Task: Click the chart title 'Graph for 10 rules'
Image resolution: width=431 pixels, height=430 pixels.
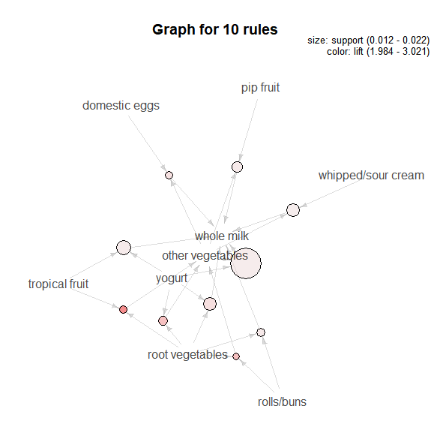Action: [215, 30]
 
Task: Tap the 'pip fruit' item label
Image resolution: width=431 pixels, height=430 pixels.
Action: [260, 88]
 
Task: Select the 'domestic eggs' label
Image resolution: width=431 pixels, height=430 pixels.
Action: [121, 106]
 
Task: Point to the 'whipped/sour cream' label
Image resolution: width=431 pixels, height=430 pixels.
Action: [371, 176]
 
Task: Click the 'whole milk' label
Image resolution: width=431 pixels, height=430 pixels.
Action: [222, 236]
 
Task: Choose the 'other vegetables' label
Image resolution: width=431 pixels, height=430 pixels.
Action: [205, 256]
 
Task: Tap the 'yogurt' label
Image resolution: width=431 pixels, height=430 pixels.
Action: [172, 278]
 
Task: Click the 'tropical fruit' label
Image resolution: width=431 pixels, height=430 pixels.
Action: [58, 284]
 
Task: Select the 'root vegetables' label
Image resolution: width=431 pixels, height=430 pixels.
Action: [187, 355]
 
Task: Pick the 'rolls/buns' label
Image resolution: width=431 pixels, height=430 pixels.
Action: [282, 402]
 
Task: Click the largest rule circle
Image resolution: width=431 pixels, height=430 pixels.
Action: [246, 263]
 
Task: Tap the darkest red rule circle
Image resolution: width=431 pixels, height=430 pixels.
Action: [124, 309]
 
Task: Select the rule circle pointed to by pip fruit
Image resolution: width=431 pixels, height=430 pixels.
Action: [237, 167]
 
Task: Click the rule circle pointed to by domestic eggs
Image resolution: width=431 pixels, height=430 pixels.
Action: [169, 175]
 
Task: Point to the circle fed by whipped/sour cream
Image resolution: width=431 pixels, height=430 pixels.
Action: [293, 210]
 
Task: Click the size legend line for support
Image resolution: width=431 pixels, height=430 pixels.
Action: [368, 41]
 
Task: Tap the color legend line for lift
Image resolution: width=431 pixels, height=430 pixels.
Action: [378, 52]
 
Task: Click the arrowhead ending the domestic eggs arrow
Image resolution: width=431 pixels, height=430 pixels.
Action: [163, 167]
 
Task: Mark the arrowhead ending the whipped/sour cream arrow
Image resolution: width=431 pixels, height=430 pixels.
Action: [304, 205]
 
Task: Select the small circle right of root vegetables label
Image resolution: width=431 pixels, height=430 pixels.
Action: [236, 356]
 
